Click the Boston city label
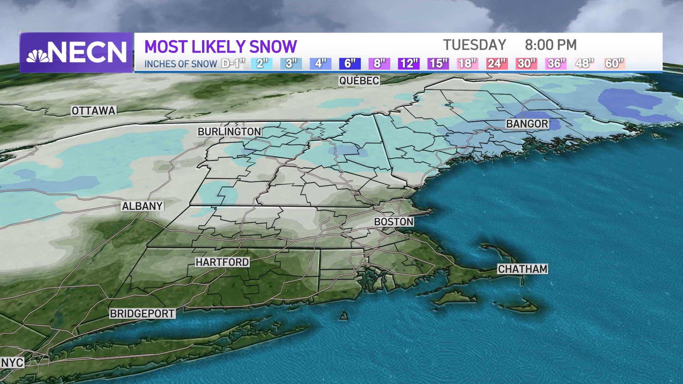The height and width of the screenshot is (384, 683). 393,222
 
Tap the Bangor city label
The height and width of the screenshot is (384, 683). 527,124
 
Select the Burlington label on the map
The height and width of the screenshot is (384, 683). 229,132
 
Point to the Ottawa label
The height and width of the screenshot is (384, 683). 94,111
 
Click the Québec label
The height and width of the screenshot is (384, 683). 359,81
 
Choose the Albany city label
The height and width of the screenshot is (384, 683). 142,206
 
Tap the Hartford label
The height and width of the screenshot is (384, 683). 222,262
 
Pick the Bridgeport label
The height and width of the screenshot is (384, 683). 142,314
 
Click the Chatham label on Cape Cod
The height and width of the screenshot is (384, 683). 522,269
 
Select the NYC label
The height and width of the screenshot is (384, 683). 12,363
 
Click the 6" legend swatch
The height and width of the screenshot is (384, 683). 350,64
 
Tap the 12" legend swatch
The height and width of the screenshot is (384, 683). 409,64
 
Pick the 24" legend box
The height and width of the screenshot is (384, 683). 497,64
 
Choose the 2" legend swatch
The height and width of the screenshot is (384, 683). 262,64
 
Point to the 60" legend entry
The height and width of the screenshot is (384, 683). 614,64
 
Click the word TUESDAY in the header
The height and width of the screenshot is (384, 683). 475,45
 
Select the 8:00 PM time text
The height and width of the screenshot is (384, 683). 551,45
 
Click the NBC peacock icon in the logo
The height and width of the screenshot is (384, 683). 38,56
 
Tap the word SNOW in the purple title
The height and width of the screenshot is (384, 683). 273,47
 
